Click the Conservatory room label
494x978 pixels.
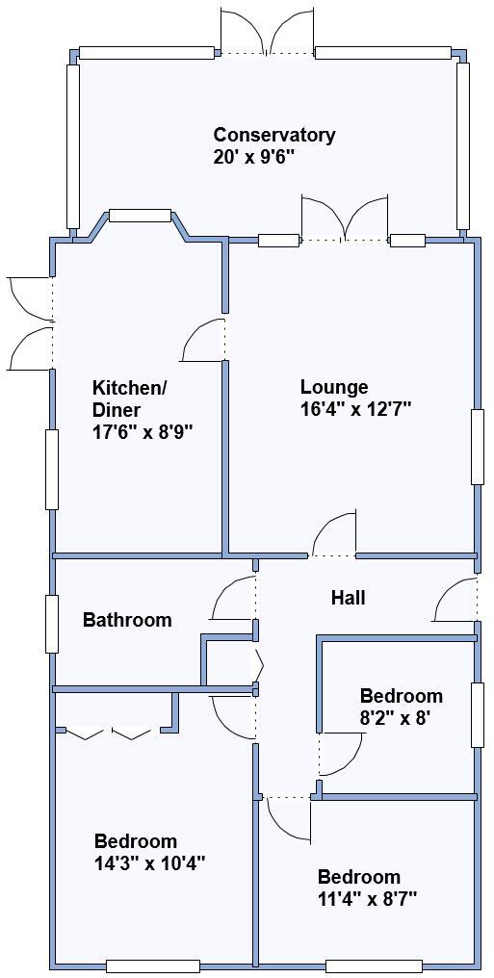click(274, 135)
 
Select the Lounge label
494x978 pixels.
click(334, 387)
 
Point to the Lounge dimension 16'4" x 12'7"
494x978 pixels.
click(355, 408)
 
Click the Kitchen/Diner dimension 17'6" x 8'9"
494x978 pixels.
click(143, 432)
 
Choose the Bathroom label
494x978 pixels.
click(127, 620)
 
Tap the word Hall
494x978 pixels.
click(348, 598)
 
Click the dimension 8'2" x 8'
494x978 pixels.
click(401, 717)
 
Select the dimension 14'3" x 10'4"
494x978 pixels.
click(149, 862)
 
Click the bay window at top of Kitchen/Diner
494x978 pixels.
click(140, 216)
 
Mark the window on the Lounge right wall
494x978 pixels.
click(477, 447)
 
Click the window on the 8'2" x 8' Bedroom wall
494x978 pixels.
click(477, 714)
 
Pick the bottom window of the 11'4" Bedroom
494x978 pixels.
click(374, 965)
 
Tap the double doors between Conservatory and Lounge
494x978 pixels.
click(345, 219)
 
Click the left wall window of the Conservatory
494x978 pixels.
click(72, 145)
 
